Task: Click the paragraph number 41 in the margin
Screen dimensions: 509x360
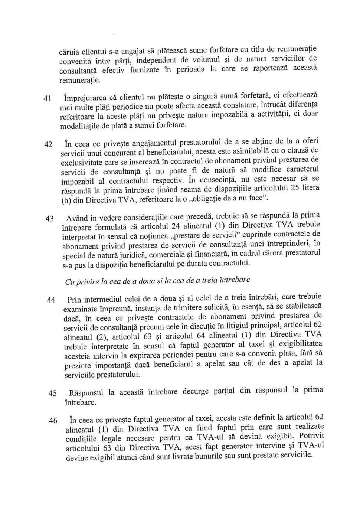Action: tap(47, 98)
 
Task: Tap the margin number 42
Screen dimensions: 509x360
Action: tap(48, 144)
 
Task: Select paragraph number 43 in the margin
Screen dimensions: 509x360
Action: tap(49, 219)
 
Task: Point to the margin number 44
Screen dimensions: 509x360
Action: tap(51, 300)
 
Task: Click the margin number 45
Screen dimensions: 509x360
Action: tap(52, 393)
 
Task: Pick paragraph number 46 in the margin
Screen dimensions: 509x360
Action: tap(53, 421)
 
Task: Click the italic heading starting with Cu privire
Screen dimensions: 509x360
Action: tap(157, 281)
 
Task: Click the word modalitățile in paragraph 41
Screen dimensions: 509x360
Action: tap(78, 126)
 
